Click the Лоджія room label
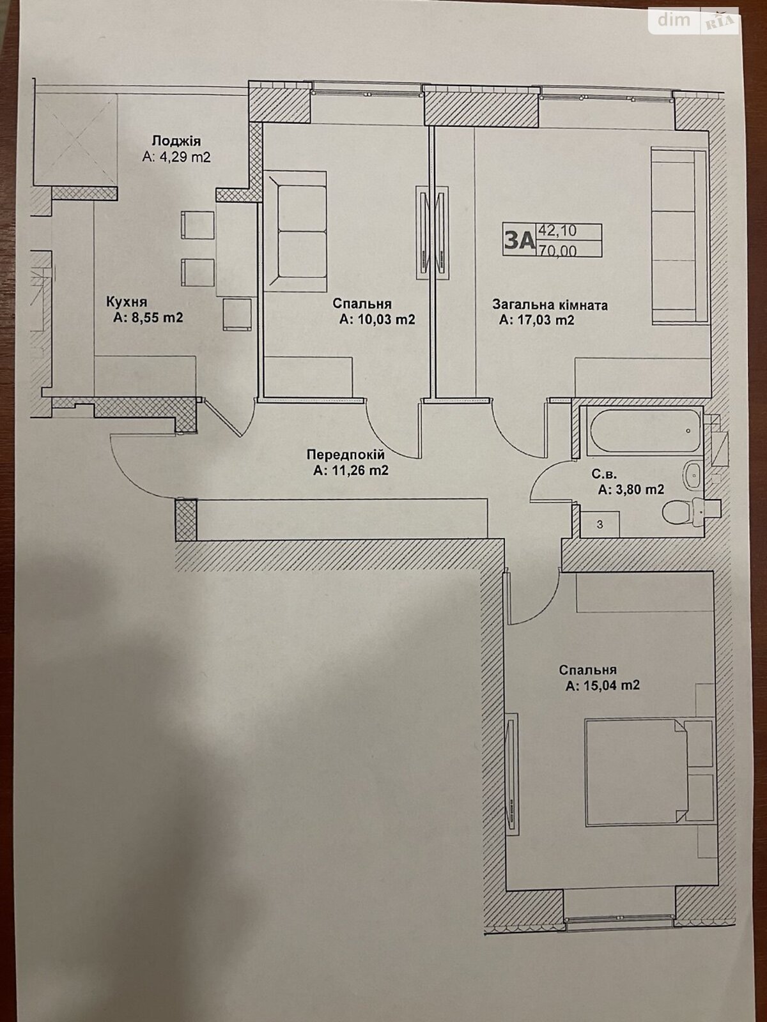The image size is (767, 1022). click(x=176, y=141)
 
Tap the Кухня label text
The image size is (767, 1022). click(x=127, y=301)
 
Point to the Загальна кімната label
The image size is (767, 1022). click(x=550, y=305)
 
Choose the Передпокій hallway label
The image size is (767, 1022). click(x=346, y=455)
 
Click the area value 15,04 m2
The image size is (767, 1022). click(x=603, y=685)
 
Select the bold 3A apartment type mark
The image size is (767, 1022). click(x=518, y=240)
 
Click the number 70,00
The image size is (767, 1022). click(x=558, y=251)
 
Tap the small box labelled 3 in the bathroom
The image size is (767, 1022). click(x=600, y=524)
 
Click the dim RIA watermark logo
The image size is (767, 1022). click(x=694, y=21)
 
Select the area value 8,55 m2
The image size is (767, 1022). click(x=148, y=317)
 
